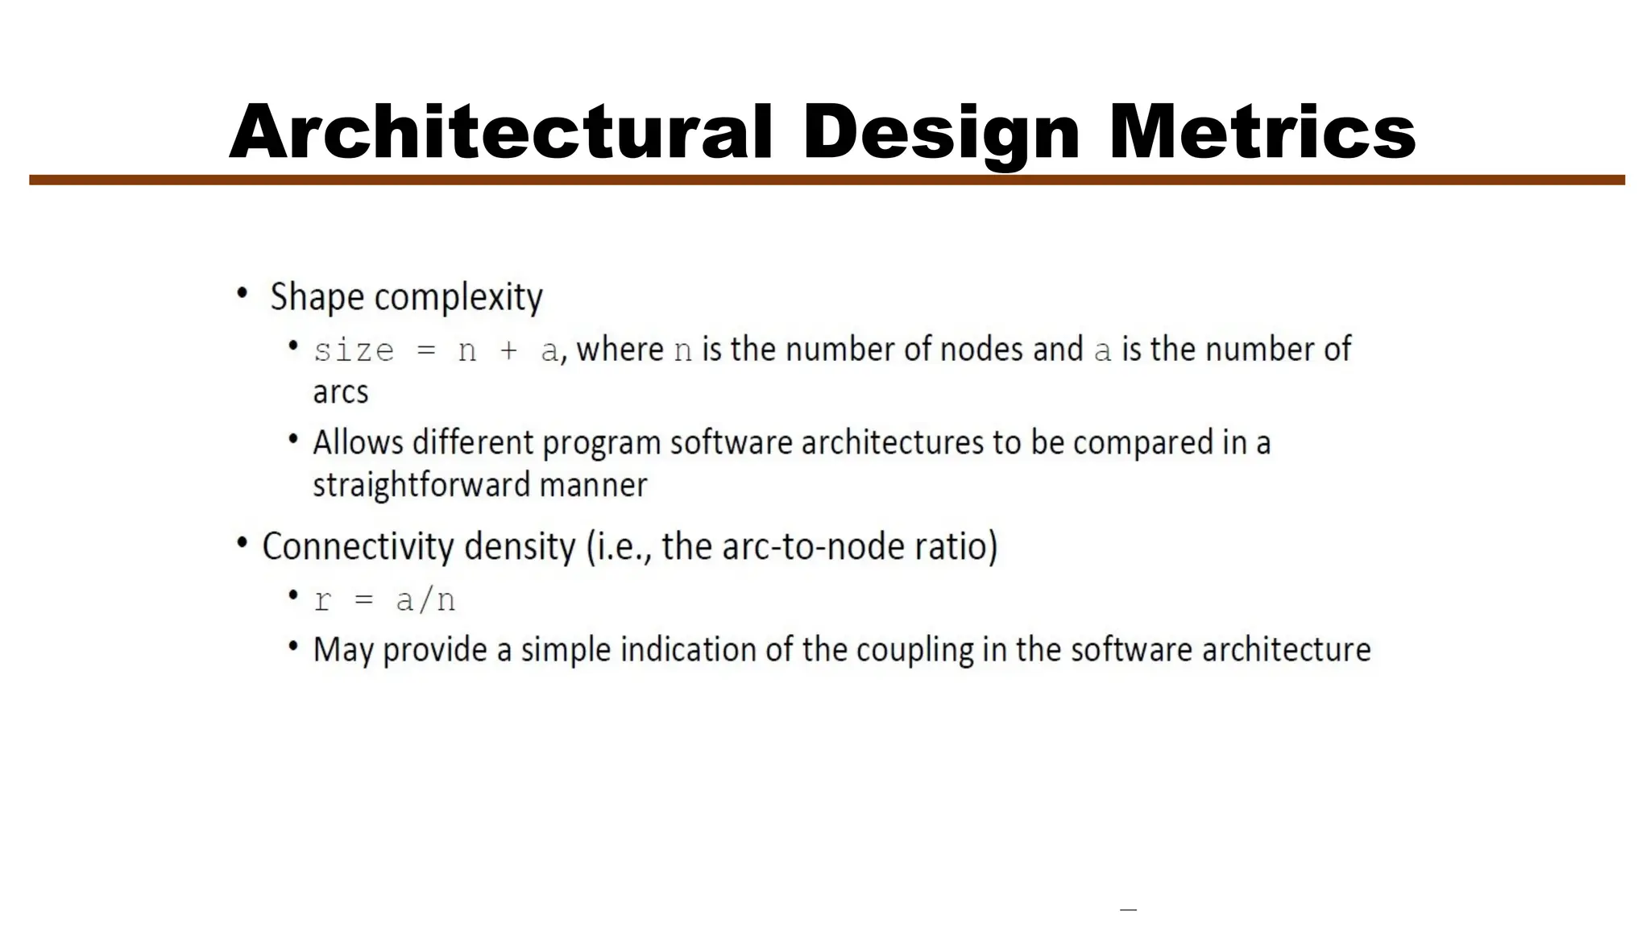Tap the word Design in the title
pos(940,134)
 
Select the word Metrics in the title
pos(1262,132)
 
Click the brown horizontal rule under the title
pos(827,180)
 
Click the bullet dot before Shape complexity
pos(243,294)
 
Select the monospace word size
pos(354,351)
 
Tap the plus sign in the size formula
pos(508,351)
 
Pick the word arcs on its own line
pos(340,393)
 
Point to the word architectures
pos(893,442)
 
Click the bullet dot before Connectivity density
pos(243,544)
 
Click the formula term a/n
pos(425,600)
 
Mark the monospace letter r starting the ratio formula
pos(323,601)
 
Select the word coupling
pos(914,650)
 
